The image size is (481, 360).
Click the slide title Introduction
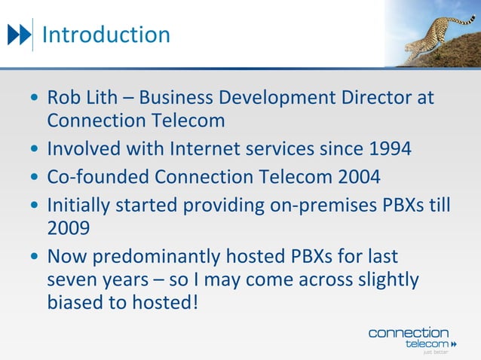coord(106,35)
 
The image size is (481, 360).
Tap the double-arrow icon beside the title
coord(20,35)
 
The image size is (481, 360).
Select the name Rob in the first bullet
coord(63,98)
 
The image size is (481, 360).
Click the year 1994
coord(390,148)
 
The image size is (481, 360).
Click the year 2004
coord(360,177)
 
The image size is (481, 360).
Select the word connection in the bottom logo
coord(408,332)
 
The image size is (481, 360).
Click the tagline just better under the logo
coord(435,352)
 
